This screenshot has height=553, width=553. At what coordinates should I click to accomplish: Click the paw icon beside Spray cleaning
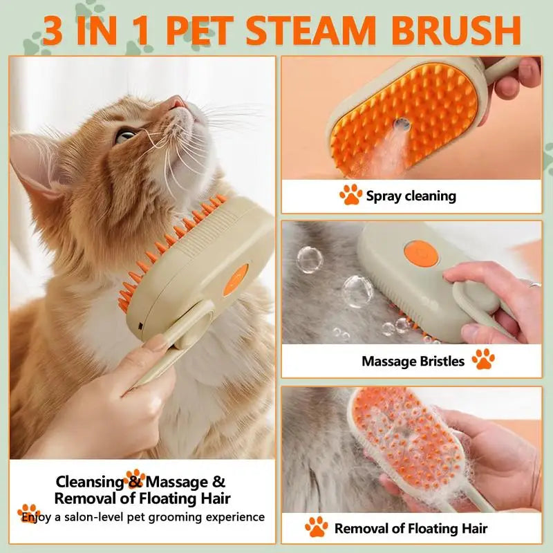(x=350, y=196)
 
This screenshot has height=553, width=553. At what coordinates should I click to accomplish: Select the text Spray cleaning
(x=411, y=196)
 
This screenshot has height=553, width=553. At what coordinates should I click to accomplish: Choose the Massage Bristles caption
(x=413, y=361)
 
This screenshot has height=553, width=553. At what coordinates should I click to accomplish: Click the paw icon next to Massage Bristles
(x=482, y=359)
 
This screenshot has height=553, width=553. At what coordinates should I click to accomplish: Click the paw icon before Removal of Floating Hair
(x=317, y=527)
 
